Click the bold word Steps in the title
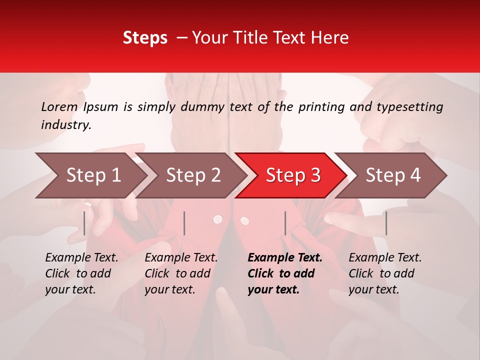(x=145, y=38)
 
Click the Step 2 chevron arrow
(x=192, y=175)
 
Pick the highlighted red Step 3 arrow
(x=292, y=175)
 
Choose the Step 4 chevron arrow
(x=392, y=175)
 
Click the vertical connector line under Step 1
(x=84, y=223)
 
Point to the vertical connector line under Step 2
(x=184, y=223)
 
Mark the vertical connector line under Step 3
(x=285, y=223)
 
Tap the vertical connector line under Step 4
(x=386, y=223)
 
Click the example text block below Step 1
(x=81, y=273)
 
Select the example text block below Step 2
(x=181, y=273)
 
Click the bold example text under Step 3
(x=284, y=273)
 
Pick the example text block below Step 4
(x=385, y=273)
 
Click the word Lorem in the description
(x=59, y=107)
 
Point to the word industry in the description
(x=66, y=125)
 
